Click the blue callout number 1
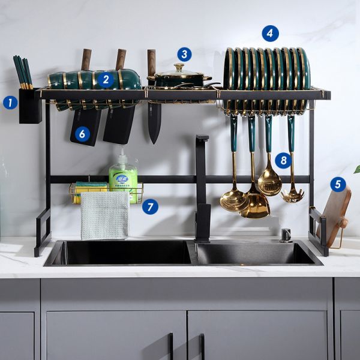pyautogui.click(x=10, y=103)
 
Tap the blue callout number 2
pyautogui.click(x=106, y=79)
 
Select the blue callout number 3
pyautogui.click(x=184, y=55)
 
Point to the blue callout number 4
pyautogui.click(x=270, y=34)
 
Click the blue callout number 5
pyautogui.click(x=338, y=184)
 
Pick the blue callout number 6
pyautogui.click(x=82, y=134)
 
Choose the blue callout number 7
pyautogui.click(x=150, y=208)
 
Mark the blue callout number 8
pyautogui.click(x=283, y=160)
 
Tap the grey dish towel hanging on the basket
pyautogui.click(x=105, y=215)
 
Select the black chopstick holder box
pyautogui.click(x=29, y=106)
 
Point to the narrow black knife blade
pyautogui.click(x=155, y=122)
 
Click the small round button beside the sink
pyautogui.click(x=286, y=233)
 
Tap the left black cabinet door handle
pyautogui.click(x=171, y=346)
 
